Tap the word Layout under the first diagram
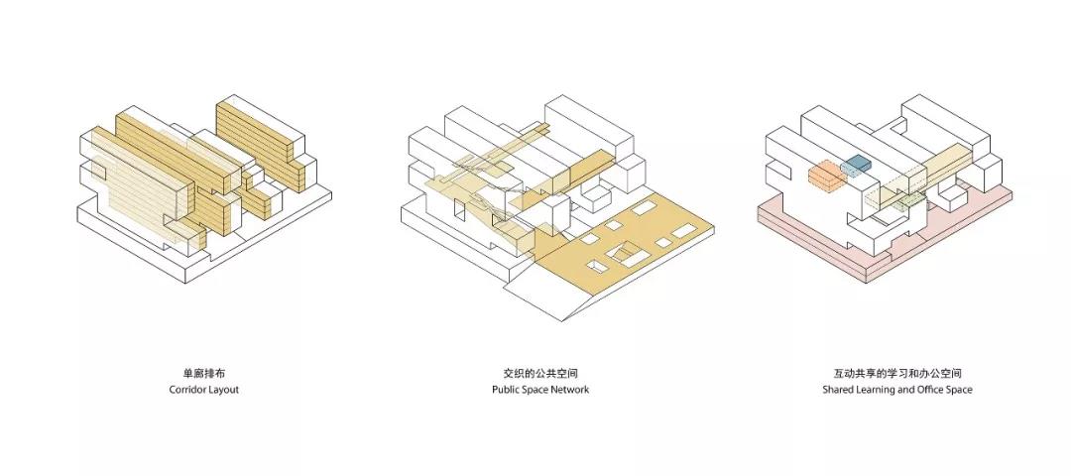[x=224, y=390]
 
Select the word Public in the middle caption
[x=508, y=390]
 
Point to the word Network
[x=569, y=390]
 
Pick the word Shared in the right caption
[x=838, y=390]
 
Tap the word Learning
[x=877, y=390]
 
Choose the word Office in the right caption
[x=929, y=390]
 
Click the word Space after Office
[x=959, y=390]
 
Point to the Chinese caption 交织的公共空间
[x=540, y=374]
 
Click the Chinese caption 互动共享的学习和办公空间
[x=897, y=374]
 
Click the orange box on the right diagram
[x=825, y=177]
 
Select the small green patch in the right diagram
[x=913, y=201]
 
